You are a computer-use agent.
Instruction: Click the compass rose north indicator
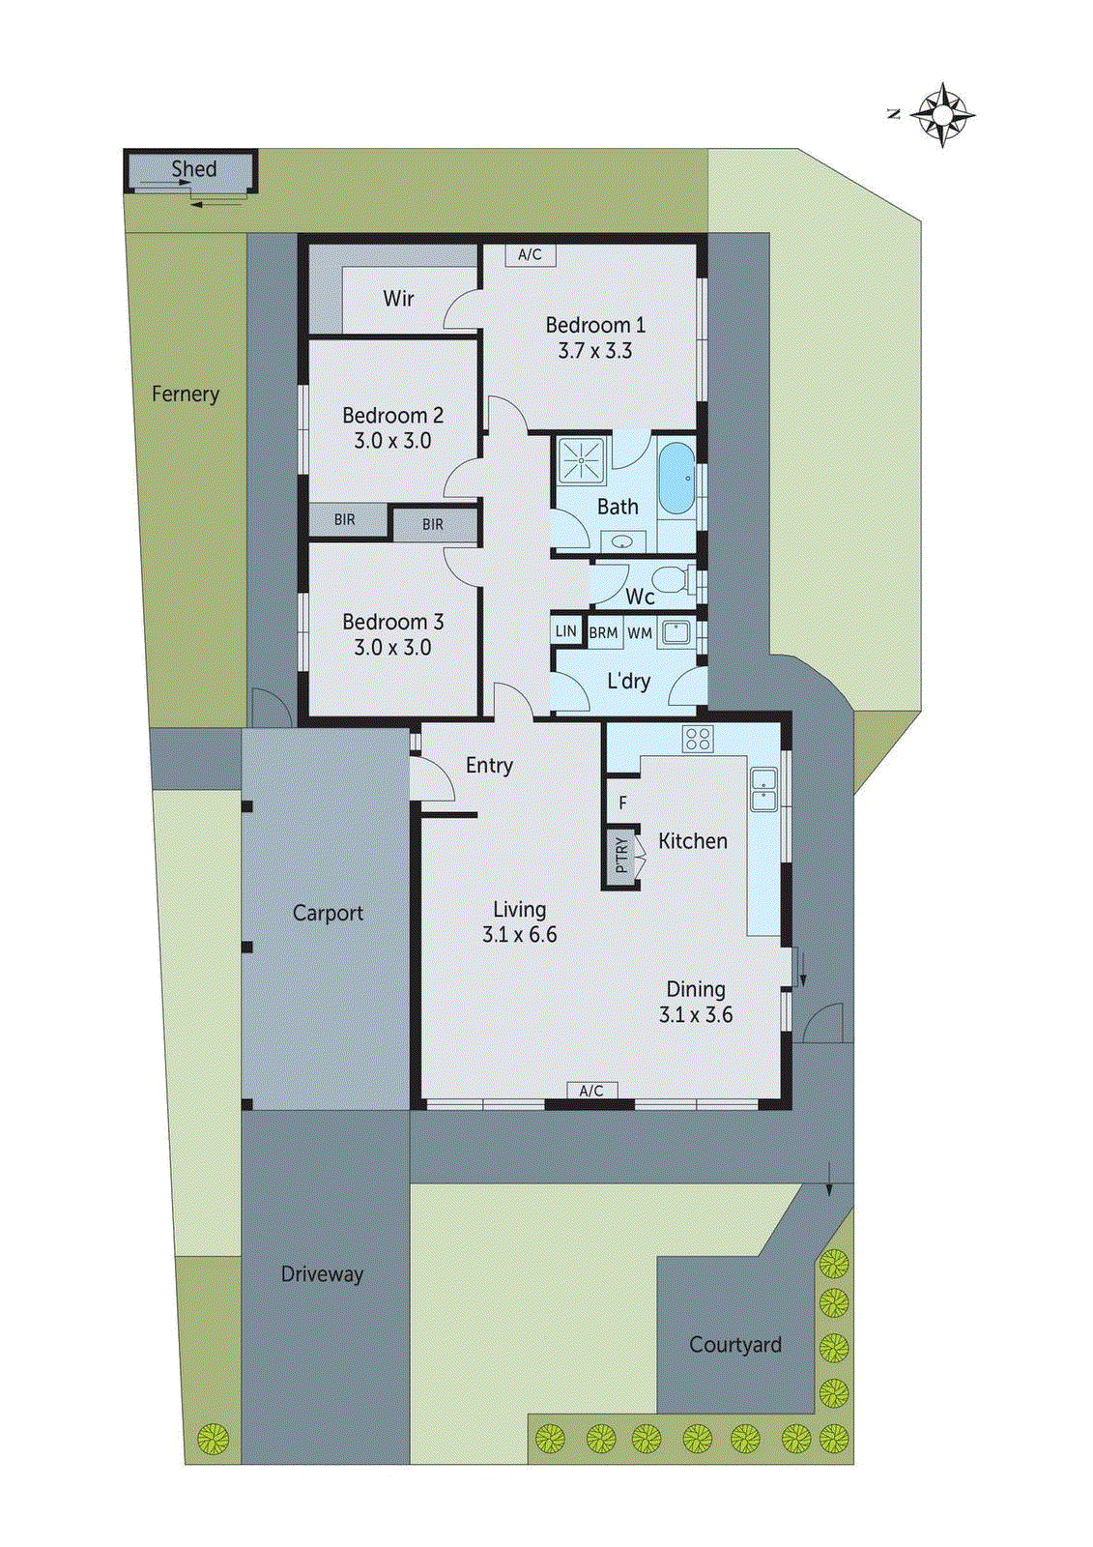click(x=942, y=115)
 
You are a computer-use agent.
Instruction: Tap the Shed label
click(x=193, y=168)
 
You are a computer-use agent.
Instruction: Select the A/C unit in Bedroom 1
click(x=530, y=254)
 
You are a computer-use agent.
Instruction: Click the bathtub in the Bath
click(x=676, y=479)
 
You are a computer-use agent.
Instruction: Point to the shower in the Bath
click(x=581, y=460)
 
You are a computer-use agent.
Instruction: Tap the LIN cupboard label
click(x=565, y=631)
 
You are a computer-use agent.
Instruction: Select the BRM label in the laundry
click(x=603, y=633)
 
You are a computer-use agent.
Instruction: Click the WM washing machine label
click(x=640, y=633)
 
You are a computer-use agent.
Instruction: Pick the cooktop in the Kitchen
click(x=697, y=740)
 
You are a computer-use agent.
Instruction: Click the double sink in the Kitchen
click(x=763, y=789)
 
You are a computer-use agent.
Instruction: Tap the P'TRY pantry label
click(x=621, y=855)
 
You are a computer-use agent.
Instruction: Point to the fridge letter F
click(x=622, y=803)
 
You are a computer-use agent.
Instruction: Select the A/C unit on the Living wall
click(x=591, y=1091)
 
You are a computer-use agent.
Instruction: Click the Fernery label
click(x=186, y=394)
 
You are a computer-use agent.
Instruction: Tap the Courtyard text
click(x=734, y=1344)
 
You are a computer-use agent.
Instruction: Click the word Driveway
click(x=322, y=1273)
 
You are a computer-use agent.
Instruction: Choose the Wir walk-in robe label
click(x=398, y=298)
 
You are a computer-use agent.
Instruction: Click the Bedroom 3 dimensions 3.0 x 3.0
click(x=392, y=647)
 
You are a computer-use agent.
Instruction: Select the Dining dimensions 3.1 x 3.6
click(x=696, y=1014)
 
